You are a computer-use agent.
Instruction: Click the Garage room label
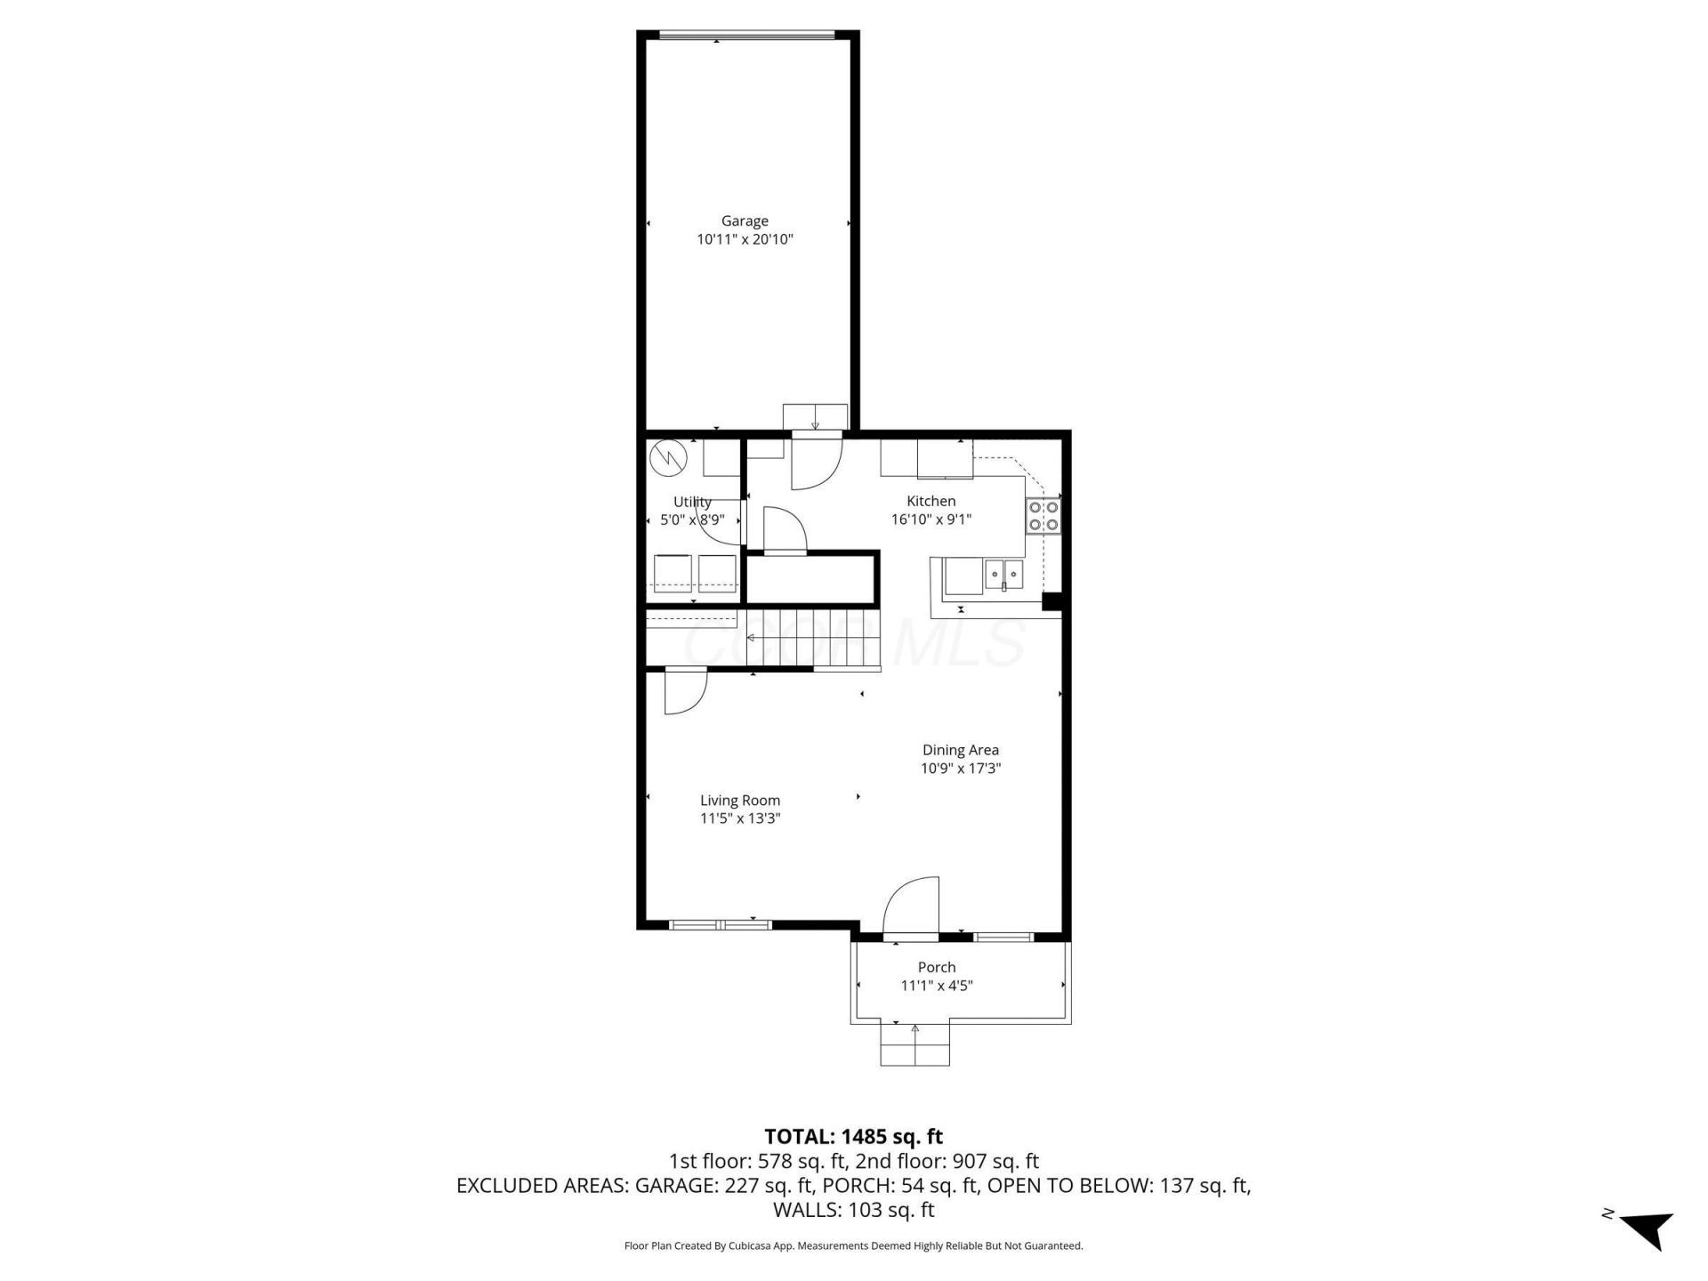pyautogui.click(x=745, y=221)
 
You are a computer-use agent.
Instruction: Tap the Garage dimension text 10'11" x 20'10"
pyautogui.click(x=745, y=239)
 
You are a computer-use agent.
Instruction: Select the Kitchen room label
pyautogui.click(x=931, y=501)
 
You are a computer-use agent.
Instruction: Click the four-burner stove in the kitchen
pyautogui.click(x=1043, y=516)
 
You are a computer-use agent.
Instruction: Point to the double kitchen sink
pyautogui.click(x=1003, y=575)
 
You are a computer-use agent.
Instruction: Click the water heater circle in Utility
pyautogui.click(x=668, y=458)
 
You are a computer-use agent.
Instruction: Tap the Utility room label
pyautogui.click(x=692, y=502)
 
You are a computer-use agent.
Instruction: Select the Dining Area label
pyautogui.click(x=961, y=750)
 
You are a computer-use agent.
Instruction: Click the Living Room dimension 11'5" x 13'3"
pyautogui.click(x=740, y=818)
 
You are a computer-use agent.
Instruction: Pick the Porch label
pyautogui.click(x=937, y=967)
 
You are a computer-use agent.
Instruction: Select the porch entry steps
pyautogui.click(x=914, y=1044)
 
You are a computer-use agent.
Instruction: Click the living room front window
pyautogui.click(x=720, y=925)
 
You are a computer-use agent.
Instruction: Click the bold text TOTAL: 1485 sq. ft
pyautogui.click(x=854, y=1136)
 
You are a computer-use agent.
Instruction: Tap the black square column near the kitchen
pyautogui.click(x=1051, y=602)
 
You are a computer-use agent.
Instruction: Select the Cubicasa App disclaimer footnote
pyautogui.click(x=854, y=1246)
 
